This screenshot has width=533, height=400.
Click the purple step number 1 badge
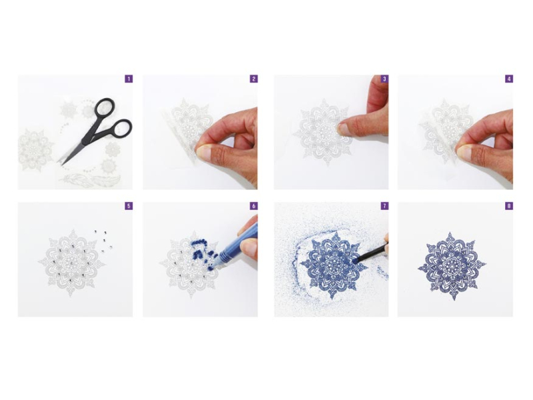pyautogui.click(x=129, y=79)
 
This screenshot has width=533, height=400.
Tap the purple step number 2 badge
pyautogui.click(x=254, y=79)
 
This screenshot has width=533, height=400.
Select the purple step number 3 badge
pyautogui.click(x=384, y=79)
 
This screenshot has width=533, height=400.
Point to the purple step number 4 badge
pyautogui.click(x=509, y=79)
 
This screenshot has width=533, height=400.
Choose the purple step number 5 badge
pyautogui.click(x=129, y=206)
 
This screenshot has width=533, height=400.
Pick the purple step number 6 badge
pyautogui.click(x=254, y=206)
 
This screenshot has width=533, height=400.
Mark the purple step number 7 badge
pyautogui.click(x=384, y=206)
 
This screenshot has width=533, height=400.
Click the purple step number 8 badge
pyautogui.click(x=509, y=206)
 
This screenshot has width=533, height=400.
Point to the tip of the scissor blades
pyautogui.click(x=59, y=165)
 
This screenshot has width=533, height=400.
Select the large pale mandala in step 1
pyautogui.click(x=35, y=149)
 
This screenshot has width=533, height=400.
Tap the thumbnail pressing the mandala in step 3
pyautogui.click(x=344, y=129)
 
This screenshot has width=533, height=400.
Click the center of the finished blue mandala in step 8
pyautogui.click(x=452, y=266)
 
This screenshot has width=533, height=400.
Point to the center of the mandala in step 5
pyautogui.click(x=72, y=263)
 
